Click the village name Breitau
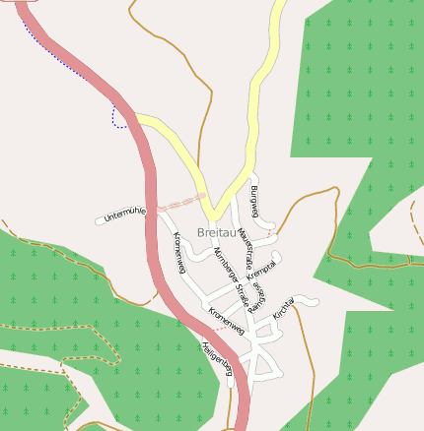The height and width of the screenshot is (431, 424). pyautogui.click(x=216, y=232)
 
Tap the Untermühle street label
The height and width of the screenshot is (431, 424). pyautogui.click(x=125, y=212)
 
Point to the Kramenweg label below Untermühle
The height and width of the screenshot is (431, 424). pyautogui.click(x=179, y=253)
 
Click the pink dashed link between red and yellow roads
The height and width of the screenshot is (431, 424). pyautogui.click(x=179, y=202)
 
